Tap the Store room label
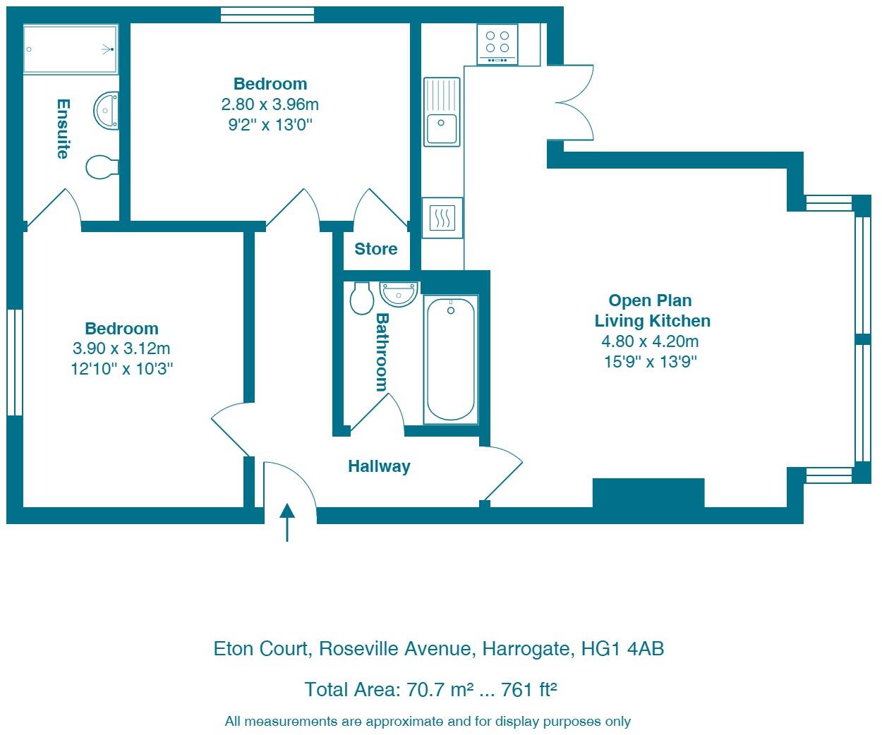375,249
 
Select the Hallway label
379,466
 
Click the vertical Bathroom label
382,352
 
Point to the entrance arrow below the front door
287,523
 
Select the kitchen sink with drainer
442,111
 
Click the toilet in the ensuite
102,167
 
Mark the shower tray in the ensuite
70,49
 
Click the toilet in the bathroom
362,298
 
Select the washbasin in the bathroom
399,293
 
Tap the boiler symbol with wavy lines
442,218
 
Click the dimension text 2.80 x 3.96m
270,104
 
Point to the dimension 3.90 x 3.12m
121,348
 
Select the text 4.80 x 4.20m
650,341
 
